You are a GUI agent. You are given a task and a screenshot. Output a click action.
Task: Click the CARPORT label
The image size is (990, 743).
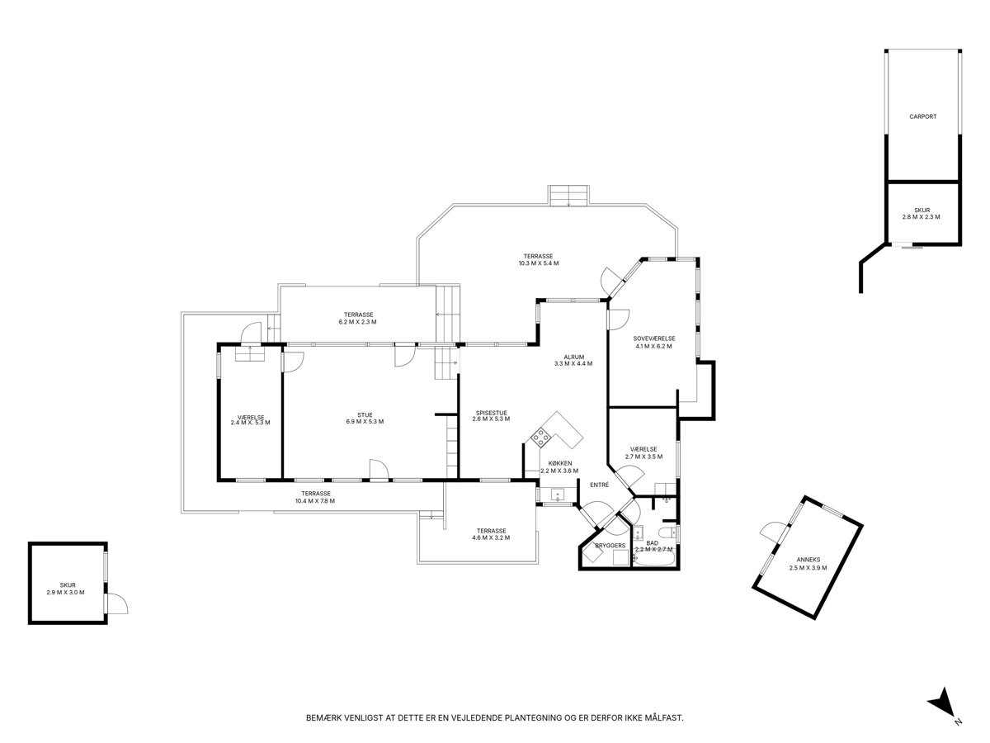click(x=922, y=116)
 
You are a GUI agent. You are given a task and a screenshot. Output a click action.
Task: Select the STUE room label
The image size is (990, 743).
click(x=365, y=414)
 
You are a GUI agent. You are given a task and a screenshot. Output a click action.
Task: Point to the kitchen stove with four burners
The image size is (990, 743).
click(x=540, y=438)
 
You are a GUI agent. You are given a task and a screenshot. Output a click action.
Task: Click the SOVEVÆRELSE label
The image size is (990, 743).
click(x=653, y=338)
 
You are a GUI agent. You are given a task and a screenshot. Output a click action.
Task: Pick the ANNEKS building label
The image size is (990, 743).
click(x=808, y=560)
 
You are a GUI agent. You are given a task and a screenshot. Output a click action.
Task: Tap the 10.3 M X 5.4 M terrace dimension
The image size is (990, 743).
click(x=538, y=263)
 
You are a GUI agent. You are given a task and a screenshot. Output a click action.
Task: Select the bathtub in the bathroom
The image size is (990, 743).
click(x=654, y=560)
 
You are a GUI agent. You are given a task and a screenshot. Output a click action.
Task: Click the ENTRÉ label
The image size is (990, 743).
click(x=599, y=485)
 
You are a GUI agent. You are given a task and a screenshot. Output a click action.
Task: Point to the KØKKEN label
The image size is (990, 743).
click(x=559, y=463)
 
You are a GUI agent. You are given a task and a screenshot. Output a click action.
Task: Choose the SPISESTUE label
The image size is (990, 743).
click(x=491, y=412)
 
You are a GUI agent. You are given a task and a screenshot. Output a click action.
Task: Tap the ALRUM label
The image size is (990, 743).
click(x=573, y=357)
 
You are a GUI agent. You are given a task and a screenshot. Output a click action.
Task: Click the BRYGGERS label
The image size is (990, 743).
click(x=610, y=545)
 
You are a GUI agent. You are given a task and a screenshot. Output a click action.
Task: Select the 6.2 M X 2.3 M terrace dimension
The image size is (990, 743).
click(x=357, y=322)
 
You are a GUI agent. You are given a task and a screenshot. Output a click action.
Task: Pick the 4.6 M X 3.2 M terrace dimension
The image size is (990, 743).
click(x=491, y=537)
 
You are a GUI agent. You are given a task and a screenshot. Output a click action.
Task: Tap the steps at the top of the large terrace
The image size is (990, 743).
click(x=568, y=196)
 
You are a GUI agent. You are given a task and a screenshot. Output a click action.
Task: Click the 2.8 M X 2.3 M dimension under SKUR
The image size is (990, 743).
click(x=921, y=216)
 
